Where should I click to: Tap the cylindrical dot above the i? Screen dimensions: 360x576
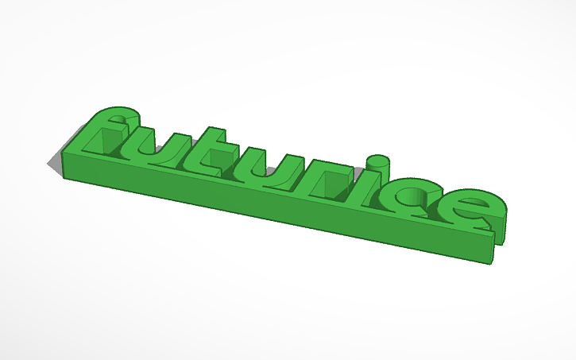point(381,161)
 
